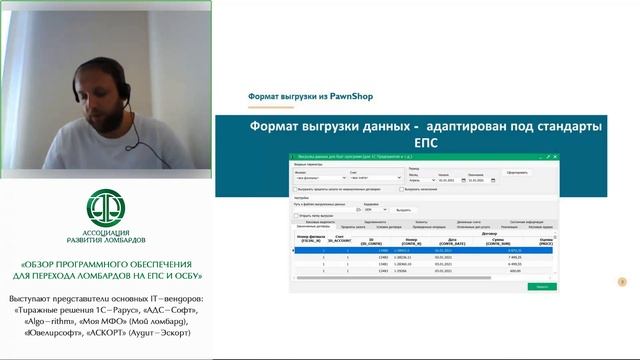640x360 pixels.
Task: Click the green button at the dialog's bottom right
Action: tap(540, 286)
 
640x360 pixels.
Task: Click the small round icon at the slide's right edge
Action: tap(624, 283)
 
